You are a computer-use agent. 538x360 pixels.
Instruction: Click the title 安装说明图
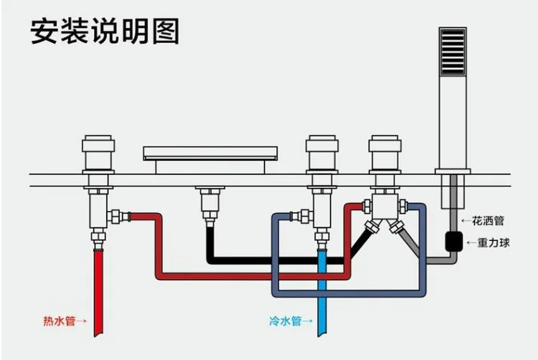coord(105,32)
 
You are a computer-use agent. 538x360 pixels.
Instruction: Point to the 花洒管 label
coord(488,221)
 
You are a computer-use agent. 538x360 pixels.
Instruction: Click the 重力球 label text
coord(494,242)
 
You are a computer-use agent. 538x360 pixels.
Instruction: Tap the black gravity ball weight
coord(454,242)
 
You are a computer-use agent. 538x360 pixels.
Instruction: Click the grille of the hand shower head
coord(453,52)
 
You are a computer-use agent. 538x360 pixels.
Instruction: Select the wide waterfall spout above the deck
coord(210,153)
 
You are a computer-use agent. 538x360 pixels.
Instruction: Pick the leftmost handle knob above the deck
coord(98,153)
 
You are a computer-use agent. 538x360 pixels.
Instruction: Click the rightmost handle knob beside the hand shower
coord(385,153)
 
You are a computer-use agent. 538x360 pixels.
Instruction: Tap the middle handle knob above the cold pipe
coord(322,153)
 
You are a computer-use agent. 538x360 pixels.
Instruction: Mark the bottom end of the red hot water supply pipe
coord(98,335)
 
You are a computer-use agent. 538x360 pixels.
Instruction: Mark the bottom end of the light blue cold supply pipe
coord(322,335)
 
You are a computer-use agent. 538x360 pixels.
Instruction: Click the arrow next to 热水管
coord(81,321)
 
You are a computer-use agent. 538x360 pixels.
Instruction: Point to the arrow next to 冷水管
coord(308,321)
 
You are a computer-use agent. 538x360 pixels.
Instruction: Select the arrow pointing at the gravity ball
coord(472,243)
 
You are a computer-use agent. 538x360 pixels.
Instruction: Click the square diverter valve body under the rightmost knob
coord(385,207)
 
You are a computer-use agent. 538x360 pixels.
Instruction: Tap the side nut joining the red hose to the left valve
coord(118,217)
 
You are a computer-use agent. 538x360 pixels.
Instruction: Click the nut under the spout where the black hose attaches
coord(210,215)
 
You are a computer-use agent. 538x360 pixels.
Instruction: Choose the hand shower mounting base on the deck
coord(453,171)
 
